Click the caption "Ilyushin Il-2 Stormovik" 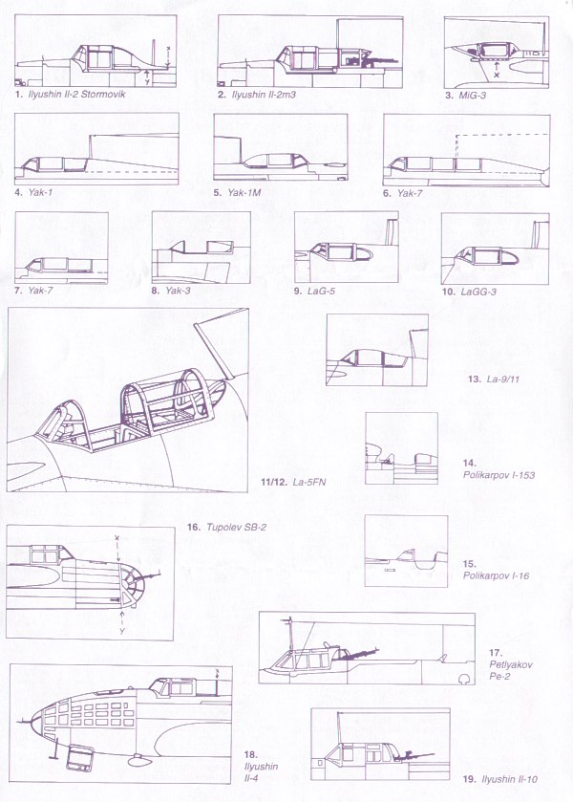pyautogui.click(x=76, y=94)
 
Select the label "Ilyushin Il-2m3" pyautogui.click(x=264, y=94)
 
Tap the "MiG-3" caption pyautogui.click(x=473, y=95)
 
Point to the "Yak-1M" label pyautogui.click(x=244, y=192)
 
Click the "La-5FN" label pyautogui.click(x=309, y=482)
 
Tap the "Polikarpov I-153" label pyautogui.click(x=499, y=475)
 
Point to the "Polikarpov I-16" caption pyautogui.click(x=496, y=575)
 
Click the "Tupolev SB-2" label pyautogui.click(x=237, y=527)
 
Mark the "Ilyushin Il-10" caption pyautogui.click(x=510, y=779)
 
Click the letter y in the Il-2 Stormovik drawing pyautogui.click(x=147, y=81)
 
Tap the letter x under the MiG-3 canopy pyautogui.click(x=497, y=75)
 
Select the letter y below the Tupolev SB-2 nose pyautogui.click(x=121, y=631)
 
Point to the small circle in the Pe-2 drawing pyautogui.click(x=464, y=679)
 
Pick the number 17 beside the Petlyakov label pyautogui.click(x=496, y=653)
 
